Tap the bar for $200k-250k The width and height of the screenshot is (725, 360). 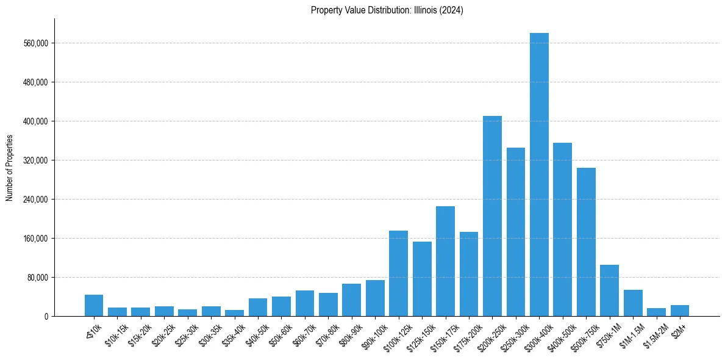[x=492, y=216]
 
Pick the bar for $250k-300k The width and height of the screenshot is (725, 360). [x=516, y=232]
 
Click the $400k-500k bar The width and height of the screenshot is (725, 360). [x=562, y=229]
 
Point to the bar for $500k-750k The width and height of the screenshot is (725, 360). [x=586, y=242]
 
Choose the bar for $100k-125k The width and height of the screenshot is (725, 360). [x=398, y=273]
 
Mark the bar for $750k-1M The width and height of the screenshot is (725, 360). [x=609, y=290]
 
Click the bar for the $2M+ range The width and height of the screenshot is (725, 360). [x=680, y=311]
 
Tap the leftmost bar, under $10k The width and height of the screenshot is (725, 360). [x=94, y=305]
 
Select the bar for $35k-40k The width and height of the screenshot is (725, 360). [x=234, y=313]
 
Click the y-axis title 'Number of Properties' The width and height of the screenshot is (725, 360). [x=10, y=167]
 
